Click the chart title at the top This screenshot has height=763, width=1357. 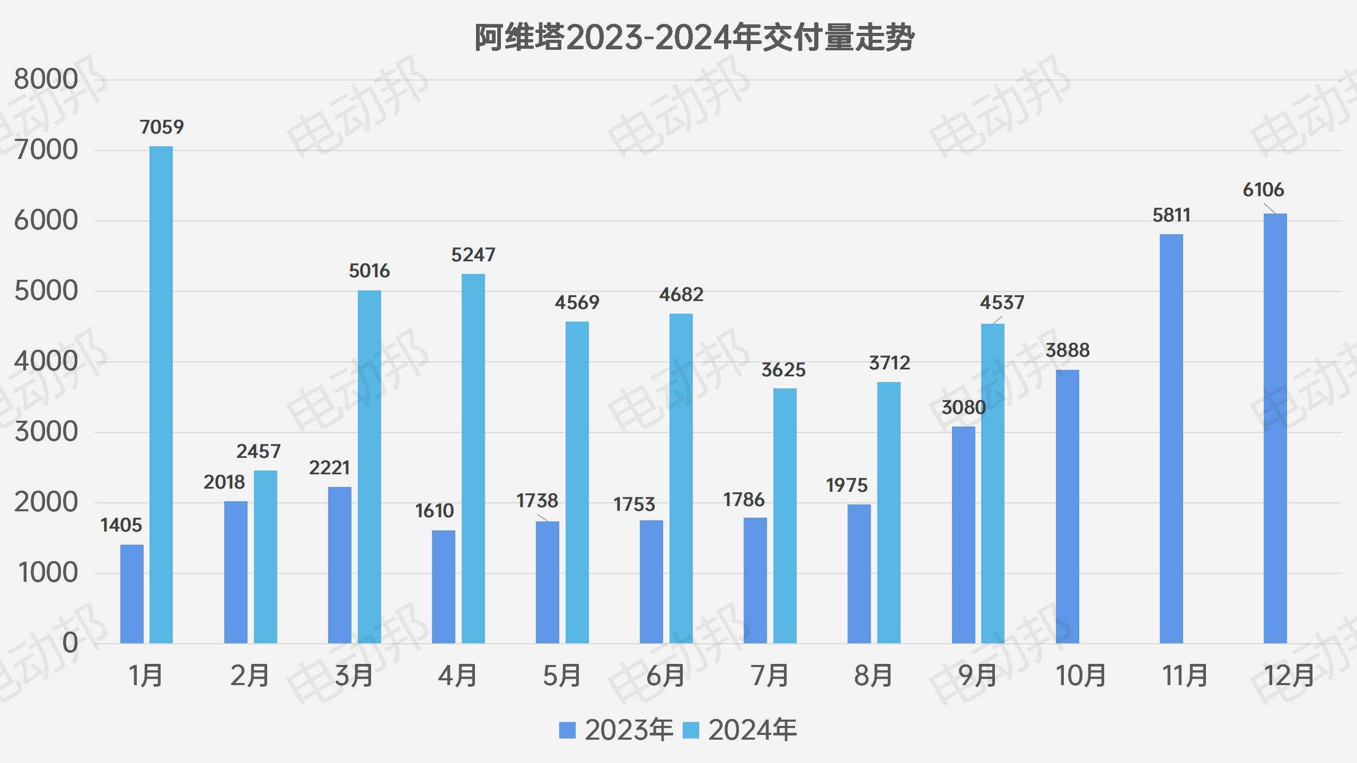694,38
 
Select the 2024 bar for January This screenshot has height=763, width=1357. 161,395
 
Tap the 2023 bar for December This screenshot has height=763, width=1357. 1275,428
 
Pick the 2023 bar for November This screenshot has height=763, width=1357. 1171,439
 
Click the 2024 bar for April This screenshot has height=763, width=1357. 473,458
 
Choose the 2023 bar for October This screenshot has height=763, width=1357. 1067,507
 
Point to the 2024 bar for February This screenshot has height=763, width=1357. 265,557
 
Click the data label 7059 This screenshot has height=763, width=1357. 162,127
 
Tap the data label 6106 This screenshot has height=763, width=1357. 1263,190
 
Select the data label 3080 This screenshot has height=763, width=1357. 963,407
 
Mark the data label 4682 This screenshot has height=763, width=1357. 681,295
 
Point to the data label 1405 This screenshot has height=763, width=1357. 121,525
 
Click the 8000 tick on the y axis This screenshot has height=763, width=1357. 46,79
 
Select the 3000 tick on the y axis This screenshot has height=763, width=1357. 46,432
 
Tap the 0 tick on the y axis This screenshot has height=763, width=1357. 70,643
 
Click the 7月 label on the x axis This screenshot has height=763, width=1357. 770,676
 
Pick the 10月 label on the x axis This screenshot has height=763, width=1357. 1081,676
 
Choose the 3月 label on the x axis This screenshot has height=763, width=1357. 354,676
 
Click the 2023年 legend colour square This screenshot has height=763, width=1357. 567,730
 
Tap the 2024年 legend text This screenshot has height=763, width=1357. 752,730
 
